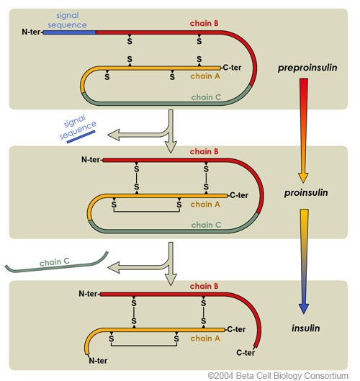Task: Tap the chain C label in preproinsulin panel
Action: coord(206,97)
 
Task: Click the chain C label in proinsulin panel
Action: coord(206,225)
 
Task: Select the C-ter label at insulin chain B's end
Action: coord(246,354)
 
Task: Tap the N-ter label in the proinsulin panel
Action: coord(90,159)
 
